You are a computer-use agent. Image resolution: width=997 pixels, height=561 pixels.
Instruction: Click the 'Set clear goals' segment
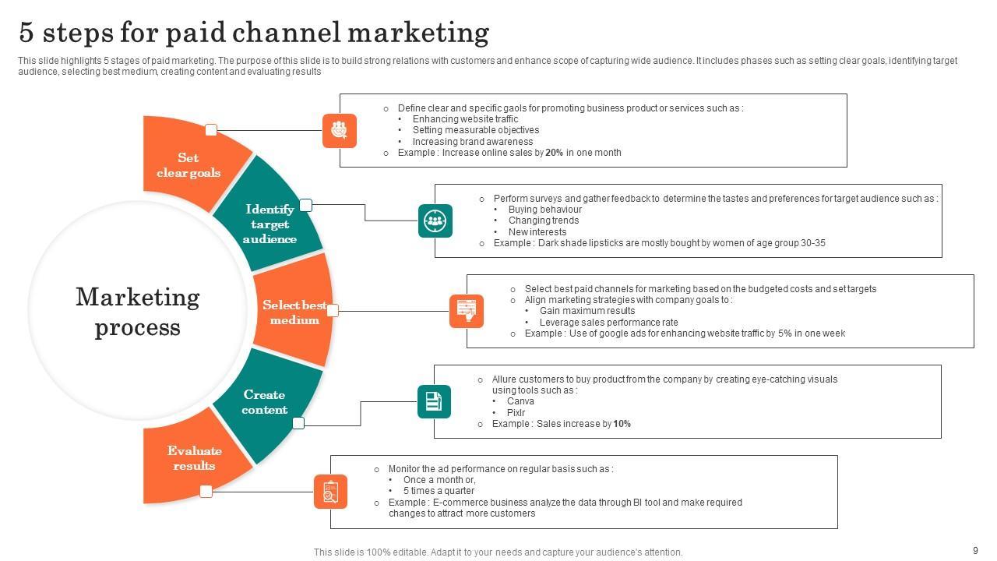(188, 165)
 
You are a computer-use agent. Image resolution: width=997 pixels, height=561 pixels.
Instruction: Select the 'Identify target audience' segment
(270, 224)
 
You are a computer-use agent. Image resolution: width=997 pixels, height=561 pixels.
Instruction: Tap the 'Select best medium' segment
(294, 312)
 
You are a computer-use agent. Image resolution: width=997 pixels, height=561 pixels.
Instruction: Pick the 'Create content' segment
(264, 402)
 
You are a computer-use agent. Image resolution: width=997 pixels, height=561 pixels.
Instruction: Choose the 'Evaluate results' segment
(194, 458)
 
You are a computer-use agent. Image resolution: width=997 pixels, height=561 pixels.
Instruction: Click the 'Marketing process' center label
(138, 312)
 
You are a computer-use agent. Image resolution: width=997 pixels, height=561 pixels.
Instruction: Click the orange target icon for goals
(339, 130)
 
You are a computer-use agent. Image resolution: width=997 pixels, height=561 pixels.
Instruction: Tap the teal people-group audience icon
(435, 221)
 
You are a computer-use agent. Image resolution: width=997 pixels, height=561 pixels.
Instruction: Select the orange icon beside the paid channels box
(467, 311)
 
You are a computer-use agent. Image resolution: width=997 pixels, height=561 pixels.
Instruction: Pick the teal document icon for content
(434, 401)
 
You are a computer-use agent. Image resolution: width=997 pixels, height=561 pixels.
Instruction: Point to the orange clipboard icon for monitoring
(330, 492)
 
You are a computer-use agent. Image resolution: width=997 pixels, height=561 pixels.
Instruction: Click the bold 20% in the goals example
(554, 153)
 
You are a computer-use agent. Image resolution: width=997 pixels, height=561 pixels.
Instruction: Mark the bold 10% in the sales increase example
(622, 424)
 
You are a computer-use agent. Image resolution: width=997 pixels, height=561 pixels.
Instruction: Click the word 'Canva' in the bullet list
(520, 401)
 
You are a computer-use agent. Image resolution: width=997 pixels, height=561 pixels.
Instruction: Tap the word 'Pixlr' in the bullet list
(516, 413)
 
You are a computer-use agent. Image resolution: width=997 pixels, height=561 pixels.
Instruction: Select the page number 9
(975, 550)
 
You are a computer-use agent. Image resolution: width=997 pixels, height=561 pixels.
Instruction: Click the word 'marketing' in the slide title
(417, 33)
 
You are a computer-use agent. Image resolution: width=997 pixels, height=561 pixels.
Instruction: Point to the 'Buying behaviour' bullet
(544, 210)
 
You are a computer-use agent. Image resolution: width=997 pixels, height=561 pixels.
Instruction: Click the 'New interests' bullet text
(537, 232)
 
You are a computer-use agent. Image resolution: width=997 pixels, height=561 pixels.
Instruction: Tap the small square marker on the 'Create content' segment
(298, 423)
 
